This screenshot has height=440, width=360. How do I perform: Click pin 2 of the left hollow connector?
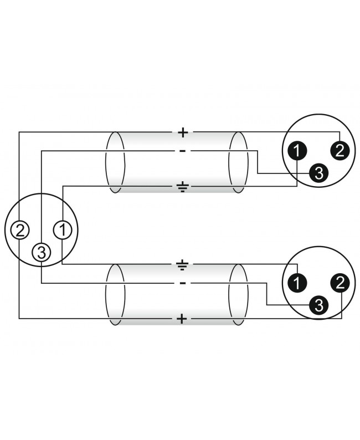tap(19, 231)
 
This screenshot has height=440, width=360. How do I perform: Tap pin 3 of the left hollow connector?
tap(41, 253)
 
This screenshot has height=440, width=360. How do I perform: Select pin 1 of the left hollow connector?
tap(63, 230)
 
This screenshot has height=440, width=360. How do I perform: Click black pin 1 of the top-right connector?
tap(297, 151)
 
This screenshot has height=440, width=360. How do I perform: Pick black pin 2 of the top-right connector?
tap(340, 151)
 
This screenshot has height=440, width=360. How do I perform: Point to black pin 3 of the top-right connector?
tap(319, 173)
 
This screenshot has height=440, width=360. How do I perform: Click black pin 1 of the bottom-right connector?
tap(297, 283)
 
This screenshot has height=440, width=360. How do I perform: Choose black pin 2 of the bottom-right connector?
tap(340, 283)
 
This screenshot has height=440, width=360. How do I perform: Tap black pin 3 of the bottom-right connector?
tap(319, 305)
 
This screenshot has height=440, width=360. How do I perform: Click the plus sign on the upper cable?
tap(183, 132)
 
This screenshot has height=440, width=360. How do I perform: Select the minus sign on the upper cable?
tap(182, 151)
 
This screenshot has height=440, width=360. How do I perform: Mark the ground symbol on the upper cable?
tap(183, 187)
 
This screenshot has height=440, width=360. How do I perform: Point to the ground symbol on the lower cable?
tap(183, 265)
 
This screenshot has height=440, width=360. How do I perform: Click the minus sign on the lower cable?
tap(182, 283)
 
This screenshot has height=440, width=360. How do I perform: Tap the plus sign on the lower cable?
tap(182, 319)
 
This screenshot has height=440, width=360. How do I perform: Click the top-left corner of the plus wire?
tap(19, 132)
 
